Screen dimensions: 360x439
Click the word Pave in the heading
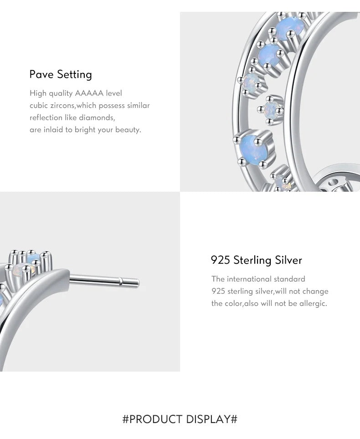coord(41,75)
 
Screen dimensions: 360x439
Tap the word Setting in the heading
coord(75,75)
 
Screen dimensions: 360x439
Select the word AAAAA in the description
coord(89,93)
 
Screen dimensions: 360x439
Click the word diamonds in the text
coord(97,117)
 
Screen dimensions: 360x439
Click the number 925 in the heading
coord(221,260)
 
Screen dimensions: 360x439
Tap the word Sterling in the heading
coord(252,260)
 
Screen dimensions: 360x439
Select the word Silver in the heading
coord(288,260)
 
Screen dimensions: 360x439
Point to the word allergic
coord(313,304)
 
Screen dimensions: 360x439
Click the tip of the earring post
coord(138,283)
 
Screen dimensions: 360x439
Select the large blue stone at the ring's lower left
coord(251,148)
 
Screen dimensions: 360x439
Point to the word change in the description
coord(315,292)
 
